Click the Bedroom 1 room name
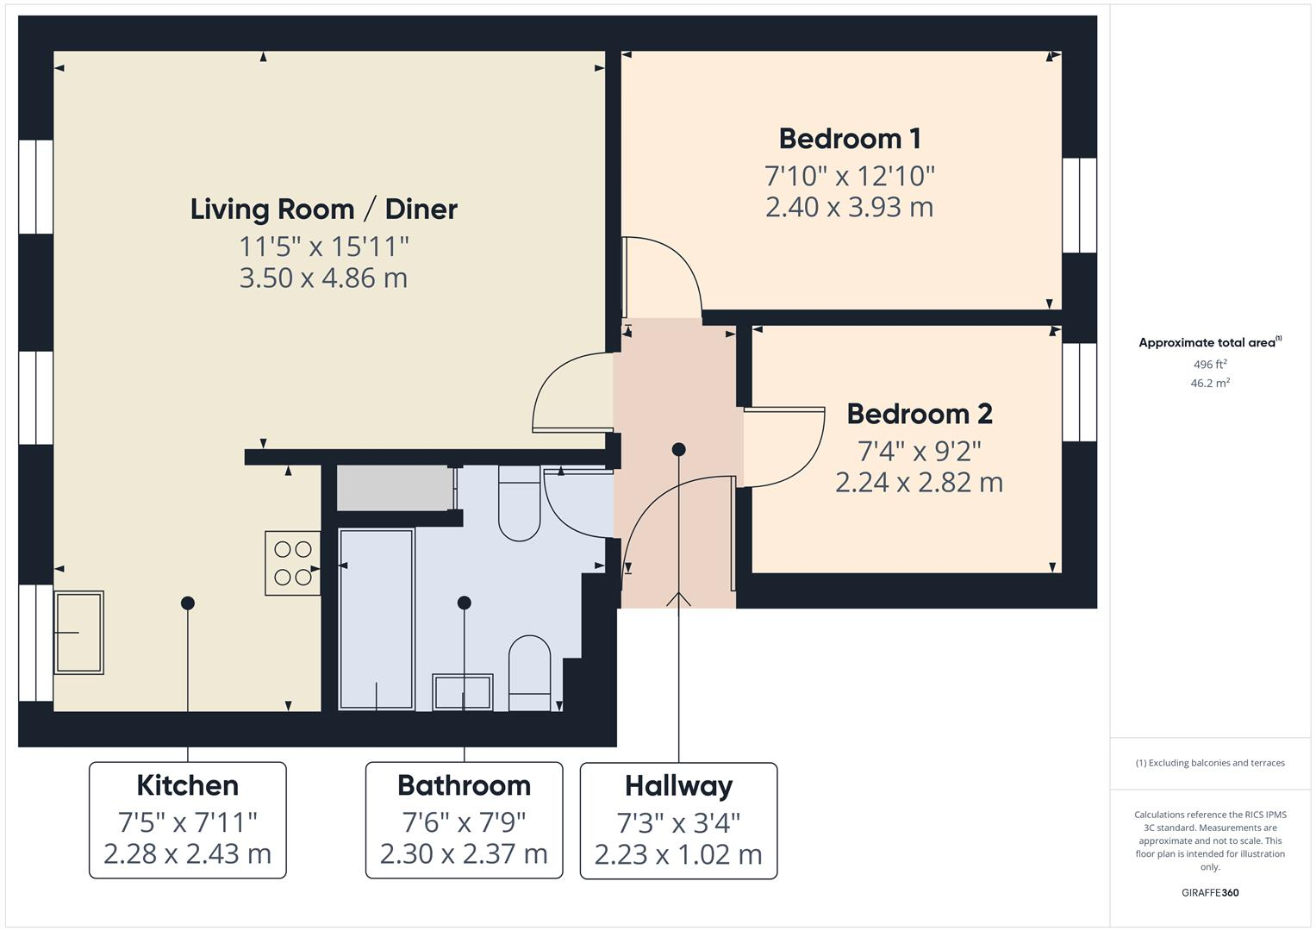(849, 139)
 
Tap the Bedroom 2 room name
(919, 414)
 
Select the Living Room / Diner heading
(323, 209)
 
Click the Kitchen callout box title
(187, 785)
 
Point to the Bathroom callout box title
(464, 785)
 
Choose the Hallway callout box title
(678, 786)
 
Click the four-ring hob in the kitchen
(293, 563)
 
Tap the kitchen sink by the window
(78, 632)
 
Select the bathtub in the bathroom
(377, 619)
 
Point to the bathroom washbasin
(463, 692)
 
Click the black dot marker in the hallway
(678, 449)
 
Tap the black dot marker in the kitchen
(187, 603)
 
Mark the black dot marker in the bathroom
(464, 603)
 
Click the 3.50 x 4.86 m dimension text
(323, 278)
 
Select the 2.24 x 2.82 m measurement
(919, 482)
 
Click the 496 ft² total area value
(1209, 365)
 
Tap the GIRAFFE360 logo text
(1209, 892)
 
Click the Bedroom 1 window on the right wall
(1079, 205)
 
